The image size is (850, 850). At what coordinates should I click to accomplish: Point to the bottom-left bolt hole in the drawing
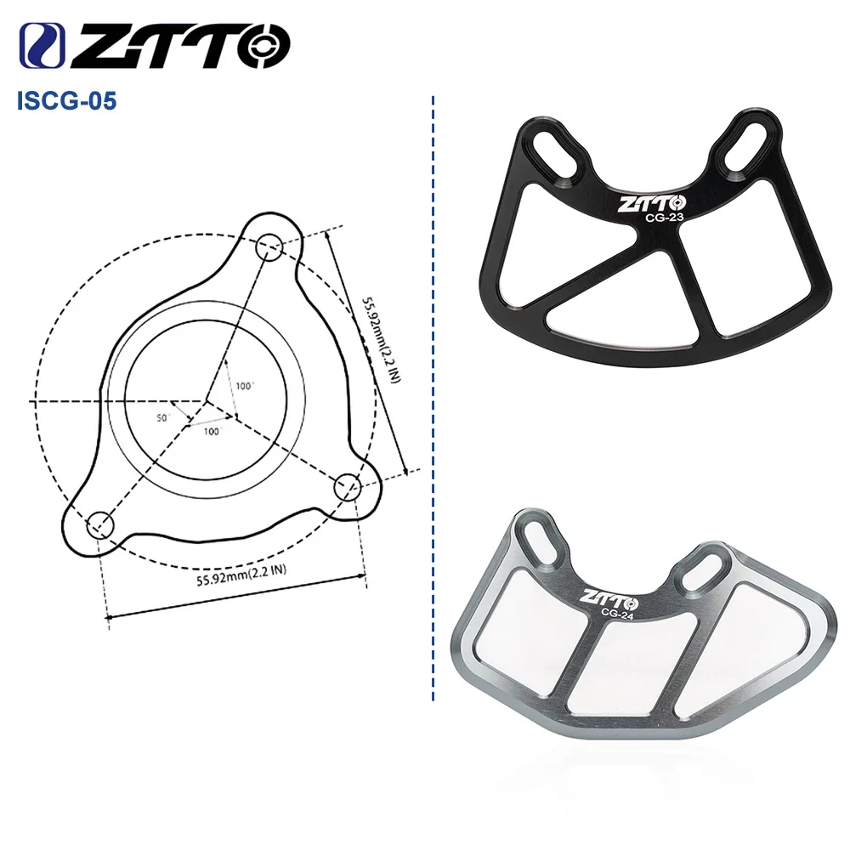(101, 524)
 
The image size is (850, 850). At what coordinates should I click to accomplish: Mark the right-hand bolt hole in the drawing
(348, 487)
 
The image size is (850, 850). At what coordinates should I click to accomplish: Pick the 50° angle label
(164, 417)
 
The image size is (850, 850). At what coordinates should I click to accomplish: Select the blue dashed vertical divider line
(433, 399)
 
